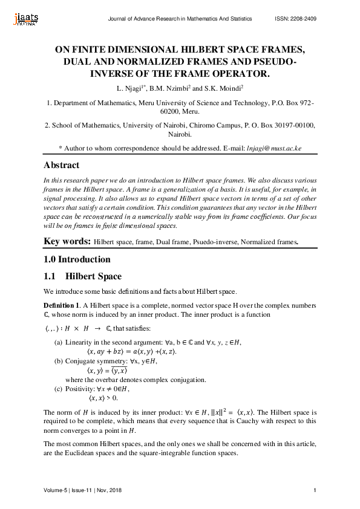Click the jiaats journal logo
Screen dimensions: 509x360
(24, 19)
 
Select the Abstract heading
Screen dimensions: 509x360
(61, 165)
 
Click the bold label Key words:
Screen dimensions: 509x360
(68, 242)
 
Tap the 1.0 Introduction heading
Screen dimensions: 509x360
(77, 259)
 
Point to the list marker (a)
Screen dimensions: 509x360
(59, 343)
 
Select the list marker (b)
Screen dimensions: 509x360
(59, 361)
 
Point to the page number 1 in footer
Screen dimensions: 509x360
(316, 490)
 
